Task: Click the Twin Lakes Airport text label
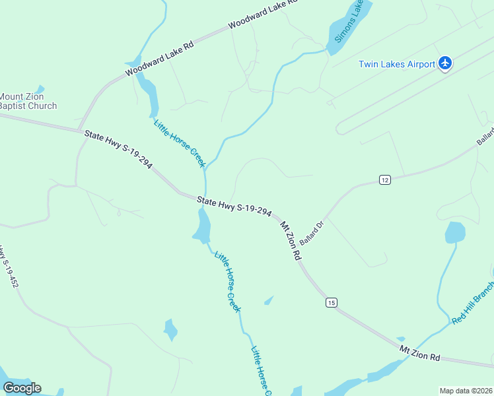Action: tap(396, 64)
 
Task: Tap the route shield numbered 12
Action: tap(385, 180)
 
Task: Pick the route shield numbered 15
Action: tap(331, 302)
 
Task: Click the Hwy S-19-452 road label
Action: tap(9, 267)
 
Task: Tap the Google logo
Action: tap(22, 388)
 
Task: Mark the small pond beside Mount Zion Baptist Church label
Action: tap(40, 89)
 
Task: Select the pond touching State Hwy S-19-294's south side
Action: tap(202, 226)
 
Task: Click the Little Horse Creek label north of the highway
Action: tap(180, 143)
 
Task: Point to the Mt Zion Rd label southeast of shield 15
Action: tap(419, 352)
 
